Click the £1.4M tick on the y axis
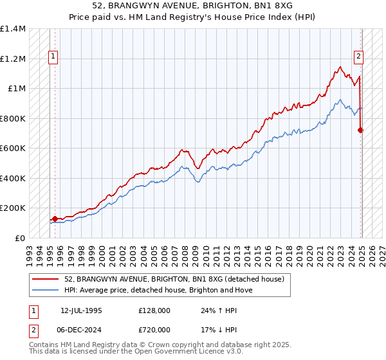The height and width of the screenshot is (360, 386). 12,29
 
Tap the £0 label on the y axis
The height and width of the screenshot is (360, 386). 20,238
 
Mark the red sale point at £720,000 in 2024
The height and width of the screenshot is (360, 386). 360,130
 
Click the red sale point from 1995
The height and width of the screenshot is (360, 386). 55,219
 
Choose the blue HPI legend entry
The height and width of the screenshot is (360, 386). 158,290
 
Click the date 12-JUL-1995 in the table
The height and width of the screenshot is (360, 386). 81,310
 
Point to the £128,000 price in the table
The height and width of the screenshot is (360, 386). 154,310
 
